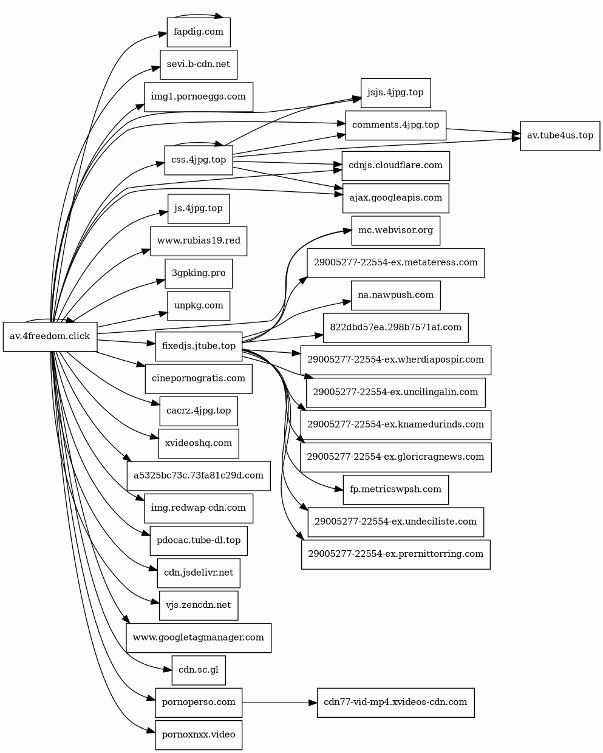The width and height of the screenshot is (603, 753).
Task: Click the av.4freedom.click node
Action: tap(50, 336)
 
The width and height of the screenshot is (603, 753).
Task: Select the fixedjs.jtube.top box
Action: tap(199, 346)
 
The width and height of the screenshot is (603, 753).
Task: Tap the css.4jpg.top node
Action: tap(199, 160)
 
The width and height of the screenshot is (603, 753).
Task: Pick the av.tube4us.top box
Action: tap(560, 135)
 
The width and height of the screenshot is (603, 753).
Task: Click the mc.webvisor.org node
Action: tap(395, 231)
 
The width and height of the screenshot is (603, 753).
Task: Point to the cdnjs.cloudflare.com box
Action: tap(395, 166)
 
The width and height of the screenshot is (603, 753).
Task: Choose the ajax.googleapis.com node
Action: tap(395, 198)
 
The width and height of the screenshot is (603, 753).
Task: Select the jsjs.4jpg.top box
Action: tap(395, 93)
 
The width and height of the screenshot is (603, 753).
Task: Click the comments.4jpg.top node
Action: tap(395, 125)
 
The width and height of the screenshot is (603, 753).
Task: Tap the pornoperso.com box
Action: tap(199, 703)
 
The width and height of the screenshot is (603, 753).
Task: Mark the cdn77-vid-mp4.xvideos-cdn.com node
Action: tap(395, 703)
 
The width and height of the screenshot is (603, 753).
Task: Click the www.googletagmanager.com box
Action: tap(199, 638)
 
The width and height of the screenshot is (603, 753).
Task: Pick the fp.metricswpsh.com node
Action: tap(395, 489)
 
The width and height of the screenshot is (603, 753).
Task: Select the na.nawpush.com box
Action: tap(395, 295)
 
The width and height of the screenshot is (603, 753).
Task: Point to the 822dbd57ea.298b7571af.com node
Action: tap(395, 327)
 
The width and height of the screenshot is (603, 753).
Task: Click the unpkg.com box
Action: tap(199, 305)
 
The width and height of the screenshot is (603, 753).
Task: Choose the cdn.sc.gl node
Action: tap(199, 670)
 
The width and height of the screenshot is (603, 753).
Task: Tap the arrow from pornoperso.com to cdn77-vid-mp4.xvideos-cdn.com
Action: tap(279, 703)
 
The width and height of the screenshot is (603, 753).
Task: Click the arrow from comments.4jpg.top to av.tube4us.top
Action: tap(483, 131)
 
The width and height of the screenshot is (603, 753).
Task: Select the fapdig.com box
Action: tap(199, 32)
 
